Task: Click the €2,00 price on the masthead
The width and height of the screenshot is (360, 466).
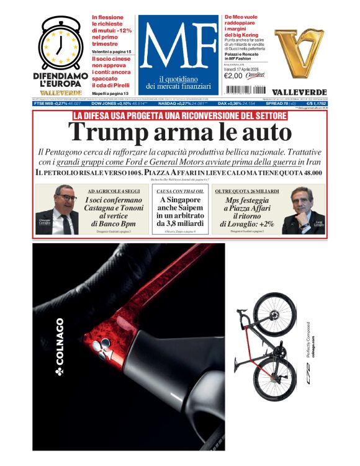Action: tap(233, 76)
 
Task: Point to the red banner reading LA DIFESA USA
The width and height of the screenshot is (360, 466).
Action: tap(179, 115)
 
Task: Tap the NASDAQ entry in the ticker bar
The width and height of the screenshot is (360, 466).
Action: tap(171, 104)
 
